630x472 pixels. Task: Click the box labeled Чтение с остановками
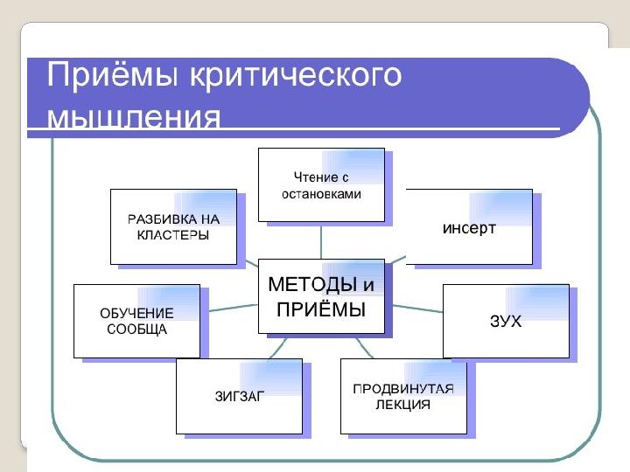pyautogui.click(x=321, y=186)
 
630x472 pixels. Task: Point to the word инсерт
pyautogui.click(x=469, y=228)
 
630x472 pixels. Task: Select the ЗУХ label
pyautogui.click(x=506, y=322)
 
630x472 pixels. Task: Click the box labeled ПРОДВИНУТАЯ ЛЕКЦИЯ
pyautogui.click(x=403, y=396)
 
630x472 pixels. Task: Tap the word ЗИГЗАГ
pyautogui.click(x=240, y=396)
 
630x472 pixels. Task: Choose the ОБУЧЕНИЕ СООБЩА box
pyautogui.click(x=136, y=322)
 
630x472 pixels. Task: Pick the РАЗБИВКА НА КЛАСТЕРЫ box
pyautogui.click(x=173, y=226)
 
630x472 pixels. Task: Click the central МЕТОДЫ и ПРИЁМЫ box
pyautogui.click(x=321, y=297)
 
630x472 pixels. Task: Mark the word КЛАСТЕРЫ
pyautogui.click(x=173, y=235)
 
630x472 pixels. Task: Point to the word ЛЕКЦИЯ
pyautogui.click(x=404, y=405)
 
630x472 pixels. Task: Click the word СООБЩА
pyautogui.click(x=136, y=330)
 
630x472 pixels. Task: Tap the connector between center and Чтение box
pyautogui.click(x=321, y=242)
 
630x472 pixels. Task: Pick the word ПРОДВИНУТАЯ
pyautogui.click(x=403, y=388)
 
